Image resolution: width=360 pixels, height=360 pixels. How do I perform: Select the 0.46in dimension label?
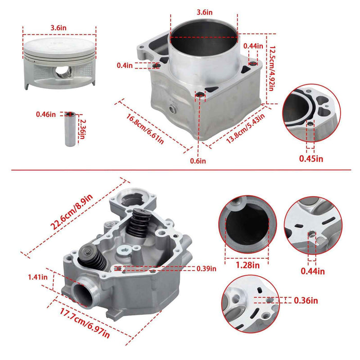pos(46,114)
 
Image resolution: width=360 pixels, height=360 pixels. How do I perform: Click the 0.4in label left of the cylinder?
pos(125,65)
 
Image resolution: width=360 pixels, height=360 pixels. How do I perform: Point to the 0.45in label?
pos(311,158)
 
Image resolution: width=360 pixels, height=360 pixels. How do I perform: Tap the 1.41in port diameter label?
pos(39,277)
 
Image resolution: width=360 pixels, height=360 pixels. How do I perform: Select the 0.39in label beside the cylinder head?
pos(206,268)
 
